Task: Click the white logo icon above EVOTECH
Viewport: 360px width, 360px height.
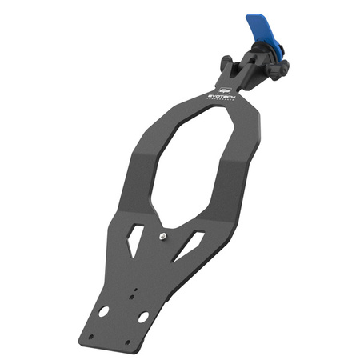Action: pyautogui.click(x=225, y=88)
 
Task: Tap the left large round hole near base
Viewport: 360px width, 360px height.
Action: pyautogui.click(x=103, y=310)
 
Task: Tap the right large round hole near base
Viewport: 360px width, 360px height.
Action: pyautogui.click(x=143, y=318)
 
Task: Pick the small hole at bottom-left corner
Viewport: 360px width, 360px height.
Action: pyautogui.click(x=90, y=336)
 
